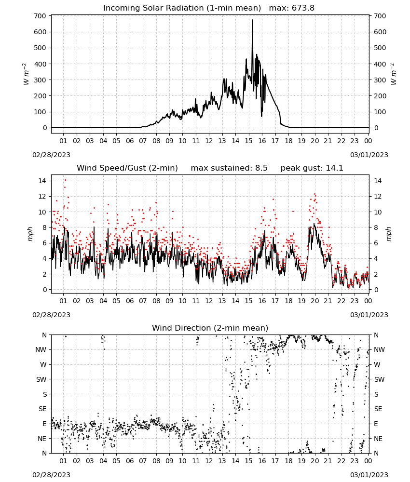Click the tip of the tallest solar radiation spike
[x=253, y=20]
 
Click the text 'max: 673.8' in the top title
[x=292, y=8]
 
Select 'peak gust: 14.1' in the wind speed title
[x=312, y=168]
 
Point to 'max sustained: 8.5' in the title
[x=229, y=168]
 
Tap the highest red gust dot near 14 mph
[x=65, y=180]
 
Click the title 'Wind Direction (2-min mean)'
[x=210, y=328]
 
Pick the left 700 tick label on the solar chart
[x=41, y=16]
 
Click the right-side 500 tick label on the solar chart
[x=380, y=48]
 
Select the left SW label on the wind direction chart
[x=41, y=379]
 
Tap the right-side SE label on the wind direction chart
[x=378, y=409]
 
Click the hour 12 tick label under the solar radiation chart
[x=209, y=141]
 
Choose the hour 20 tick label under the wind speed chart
[x=314, y=301]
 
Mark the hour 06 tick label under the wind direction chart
[x=130, y=461]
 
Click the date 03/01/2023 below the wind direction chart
[x=369, y=475]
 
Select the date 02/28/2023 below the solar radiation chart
[x=51, y=155]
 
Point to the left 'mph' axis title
[x=30, y=234]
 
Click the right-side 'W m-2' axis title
[x=394, y=74]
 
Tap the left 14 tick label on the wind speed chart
[x=42, y=181]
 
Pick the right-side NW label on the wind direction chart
[x=379, y=349]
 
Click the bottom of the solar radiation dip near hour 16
[x=262, y=116]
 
